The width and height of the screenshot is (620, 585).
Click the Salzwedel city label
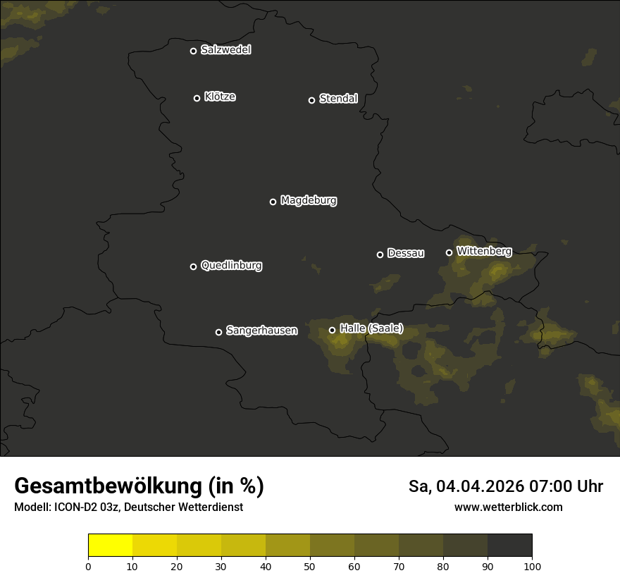(x=225, y=49)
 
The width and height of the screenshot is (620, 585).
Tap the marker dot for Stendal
(x=311, y=100)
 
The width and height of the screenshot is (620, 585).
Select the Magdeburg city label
(x=309, y=200)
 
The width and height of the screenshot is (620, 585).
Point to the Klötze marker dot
(x=197, y=98)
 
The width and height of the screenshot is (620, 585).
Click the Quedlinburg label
(x=231, y=265)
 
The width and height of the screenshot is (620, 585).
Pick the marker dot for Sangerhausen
(x=218, y=332)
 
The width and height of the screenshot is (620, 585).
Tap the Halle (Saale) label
(x=371, y=328)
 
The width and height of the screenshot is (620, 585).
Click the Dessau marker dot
(x=380, y=254)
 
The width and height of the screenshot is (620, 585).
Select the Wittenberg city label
(x=484, y=250)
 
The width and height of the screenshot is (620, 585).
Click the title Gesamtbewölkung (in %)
(x=139, y=486)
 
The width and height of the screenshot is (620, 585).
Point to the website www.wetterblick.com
(x=509, y=507)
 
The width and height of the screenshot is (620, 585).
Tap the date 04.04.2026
(x=480, y=486)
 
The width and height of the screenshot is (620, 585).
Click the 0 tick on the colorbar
(x=88, y=566)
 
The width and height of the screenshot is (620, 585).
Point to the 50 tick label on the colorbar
(x=310, y=566)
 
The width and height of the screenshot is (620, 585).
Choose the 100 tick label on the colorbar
(x=532, y=566)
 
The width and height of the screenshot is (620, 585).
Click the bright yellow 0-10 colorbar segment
(x=110, y=546)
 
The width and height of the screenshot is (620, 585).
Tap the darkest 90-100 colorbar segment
(x=509, y=546)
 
